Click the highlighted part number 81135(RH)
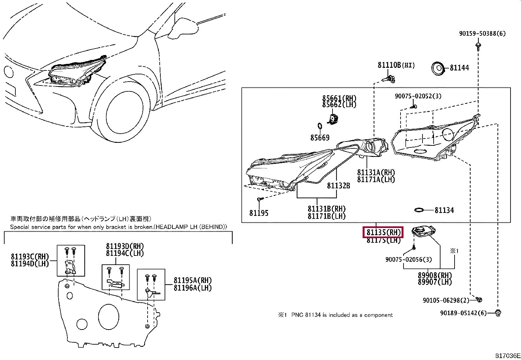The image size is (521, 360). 383,233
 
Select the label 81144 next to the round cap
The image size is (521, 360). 459,68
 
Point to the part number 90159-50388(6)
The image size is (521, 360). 482,33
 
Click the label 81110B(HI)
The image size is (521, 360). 396,65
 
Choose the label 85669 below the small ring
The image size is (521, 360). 320,138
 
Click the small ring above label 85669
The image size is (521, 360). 320,126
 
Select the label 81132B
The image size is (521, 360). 338,186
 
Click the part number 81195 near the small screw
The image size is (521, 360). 259,213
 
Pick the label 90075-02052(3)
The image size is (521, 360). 418,96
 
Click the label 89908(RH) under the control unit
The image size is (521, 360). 435,275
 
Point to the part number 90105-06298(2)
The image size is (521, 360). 446,300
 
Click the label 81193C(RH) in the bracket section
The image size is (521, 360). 30,257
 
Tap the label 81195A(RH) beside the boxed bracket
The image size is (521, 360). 192,281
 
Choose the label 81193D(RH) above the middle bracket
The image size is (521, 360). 125,246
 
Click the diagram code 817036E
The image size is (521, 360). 507,356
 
